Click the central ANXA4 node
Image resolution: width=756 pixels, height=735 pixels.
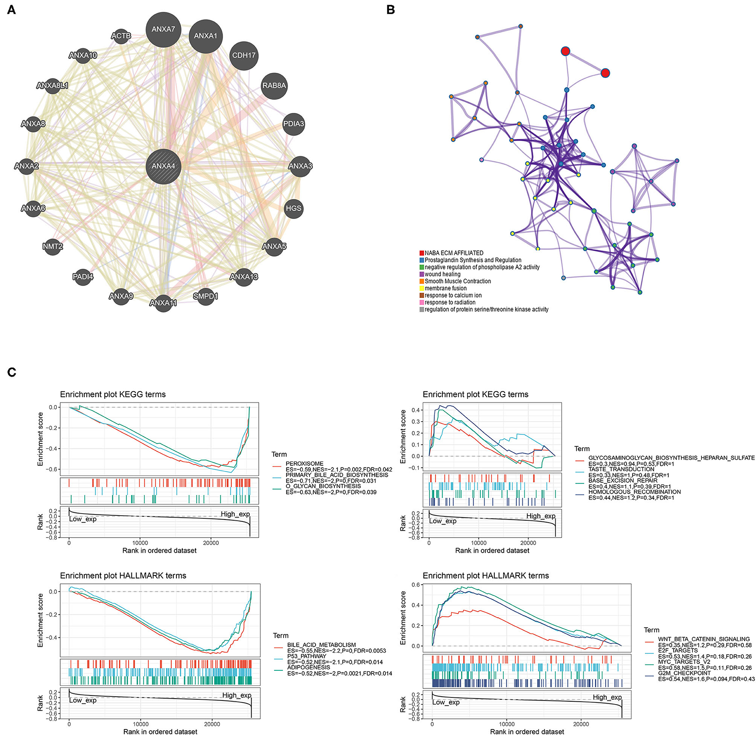click(163, 166)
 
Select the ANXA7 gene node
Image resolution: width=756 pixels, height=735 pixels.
click(163, 29)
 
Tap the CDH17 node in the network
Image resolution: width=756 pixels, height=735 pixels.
click(244, 55)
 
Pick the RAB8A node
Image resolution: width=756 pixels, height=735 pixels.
click(274, 85)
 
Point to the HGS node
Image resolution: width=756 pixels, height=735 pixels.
click(293, 208)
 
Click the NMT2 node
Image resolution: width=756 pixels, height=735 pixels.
click(53, 246)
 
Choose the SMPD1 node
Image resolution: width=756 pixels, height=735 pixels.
click(205, 296)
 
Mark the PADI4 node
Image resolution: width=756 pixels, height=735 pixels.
click(83, 277)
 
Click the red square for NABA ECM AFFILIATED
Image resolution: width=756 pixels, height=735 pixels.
click(422, 253)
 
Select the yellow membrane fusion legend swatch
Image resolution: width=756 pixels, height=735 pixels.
click(422, 288)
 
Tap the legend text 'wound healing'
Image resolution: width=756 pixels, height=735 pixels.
click(442, 274)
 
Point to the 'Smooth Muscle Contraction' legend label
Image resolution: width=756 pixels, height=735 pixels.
click(458, 281)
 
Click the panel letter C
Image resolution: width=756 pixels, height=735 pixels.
click(11, 372)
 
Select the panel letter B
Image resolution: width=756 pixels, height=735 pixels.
click(390, 10)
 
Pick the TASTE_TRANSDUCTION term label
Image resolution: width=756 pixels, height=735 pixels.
click(621, 469)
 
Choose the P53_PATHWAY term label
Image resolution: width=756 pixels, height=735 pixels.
click(307, 656)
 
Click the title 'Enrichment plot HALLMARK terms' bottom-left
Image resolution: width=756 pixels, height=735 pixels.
click(123, 576)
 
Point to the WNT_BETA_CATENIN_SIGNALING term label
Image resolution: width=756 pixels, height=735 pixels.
click(704, 639)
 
